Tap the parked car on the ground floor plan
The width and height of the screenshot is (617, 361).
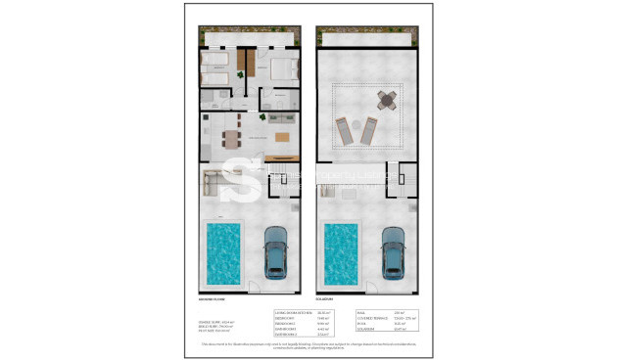tap(275, 251)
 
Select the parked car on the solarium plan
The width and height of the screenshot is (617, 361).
tap(393, 251)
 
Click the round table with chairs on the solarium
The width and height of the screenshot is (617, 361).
tap(388, 100)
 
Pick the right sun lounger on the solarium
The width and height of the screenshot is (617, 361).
tap(370, 129)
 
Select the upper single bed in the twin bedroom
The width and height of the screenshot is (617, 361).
tap(215, 61)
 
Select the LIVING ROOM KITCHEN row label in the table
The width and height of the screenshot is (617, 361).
tap(295, 311)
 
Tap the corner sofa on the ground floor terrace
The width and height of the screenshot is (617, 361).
tap(217, 179)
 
